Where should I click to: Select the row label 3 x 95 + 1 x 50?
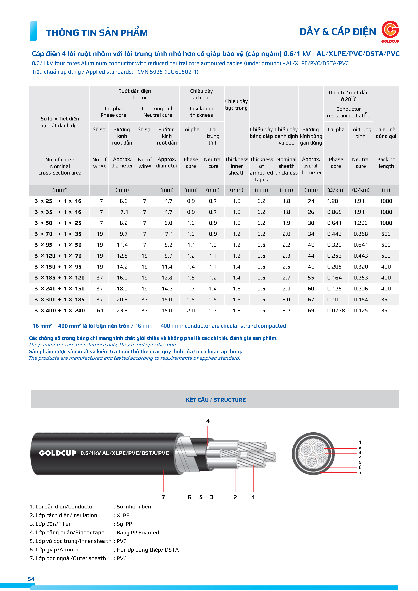pos(58,245)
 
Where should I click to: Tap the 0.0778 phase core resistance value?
pos(336,310)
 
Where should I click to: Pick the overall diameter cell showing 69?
pos(311,310)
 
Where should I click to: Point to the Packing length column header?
pos(386,163)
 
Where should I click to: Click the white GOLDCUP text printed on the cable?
pos(58,453)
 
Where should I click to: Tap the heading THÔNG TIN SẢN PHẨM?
pos(97,33)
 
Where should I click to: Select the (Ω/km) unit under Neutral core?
pos(360,190)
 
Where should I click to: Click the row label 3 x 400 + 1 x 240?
pos(60,310)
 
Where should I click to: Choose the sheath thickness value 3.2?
pos(286,310)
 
